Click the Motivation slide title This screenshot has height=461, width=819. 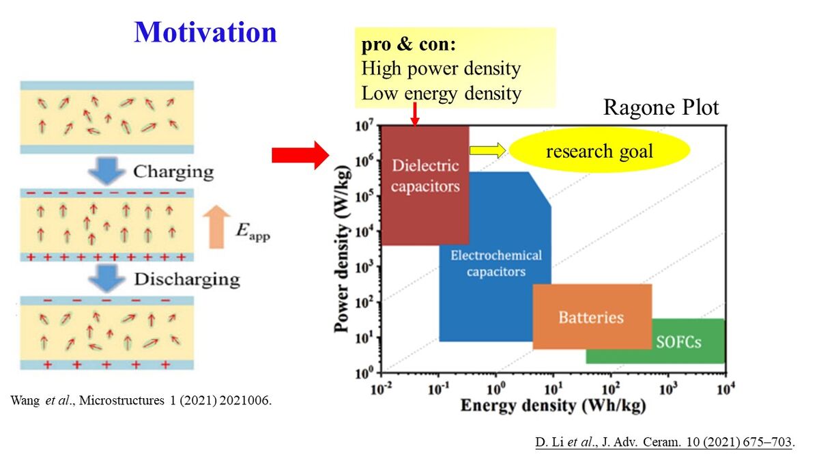coord(205,32)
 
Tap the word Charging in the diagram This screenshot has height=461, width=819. coord(173,171)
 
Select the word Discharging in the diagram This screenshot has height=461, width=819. coord(186,279)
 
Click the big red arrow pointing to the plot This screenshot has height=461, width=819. coord(300,156)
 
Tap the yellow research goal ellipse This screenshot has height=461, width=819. coord(600,151)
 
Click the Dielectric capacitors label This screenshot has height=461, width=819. coord(425,176)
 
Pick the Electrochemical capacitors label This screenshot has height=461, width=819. coord(496,264)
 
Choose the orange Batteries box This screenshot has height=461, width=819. coord(591,317)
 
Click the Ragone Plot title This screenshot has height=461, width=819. coord(661,108)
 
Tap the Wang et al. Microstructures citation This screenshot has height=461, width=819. coord(141,401)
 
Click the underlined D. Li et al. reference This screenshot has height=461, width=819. coord(664,443)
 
